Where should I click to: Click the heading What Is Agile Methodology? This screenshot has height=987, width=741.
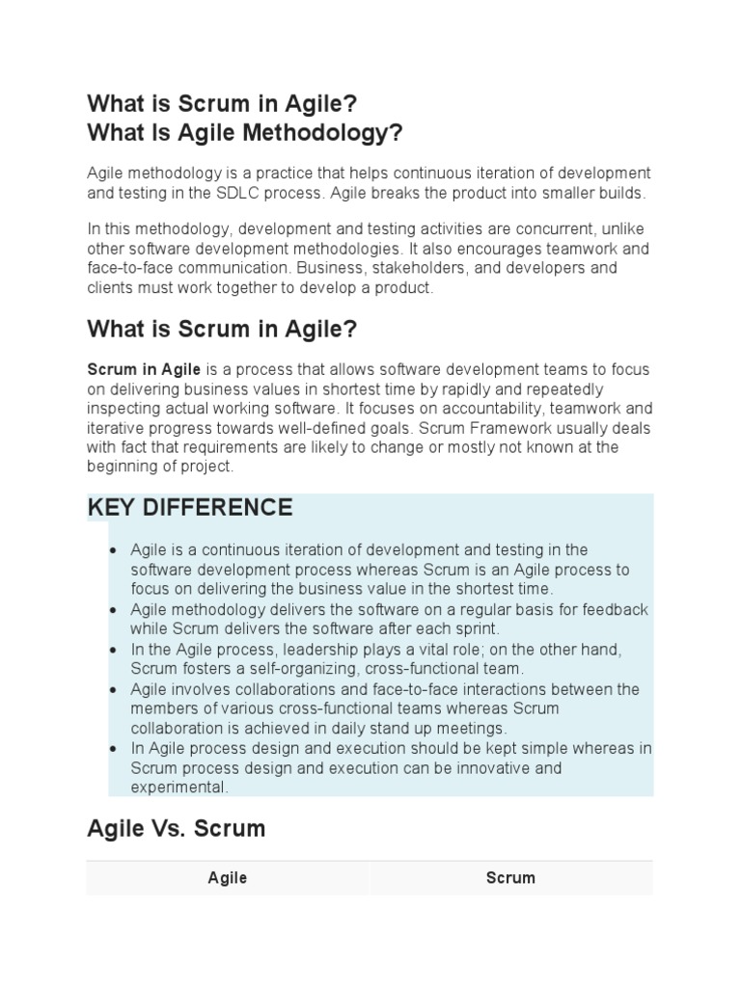pyautogui.click(x=244, y=133)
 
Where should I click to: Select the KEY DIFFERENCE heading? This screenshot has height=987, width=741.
pyautogui.click(x=189, y=507)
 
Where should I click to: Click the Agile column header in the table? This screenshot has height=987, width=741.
pyautogui.click(x=228, y=878)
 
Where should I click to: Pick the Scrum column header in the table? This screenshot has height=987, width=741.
pyautogui.click(x=510, y=878)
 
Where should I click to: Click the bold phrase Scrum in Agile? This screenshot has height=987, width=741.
pyautogui.click(x=144, y=369)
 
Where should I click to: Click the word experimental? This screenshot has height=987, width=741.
pyautogui.click(x=178, y=787)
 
